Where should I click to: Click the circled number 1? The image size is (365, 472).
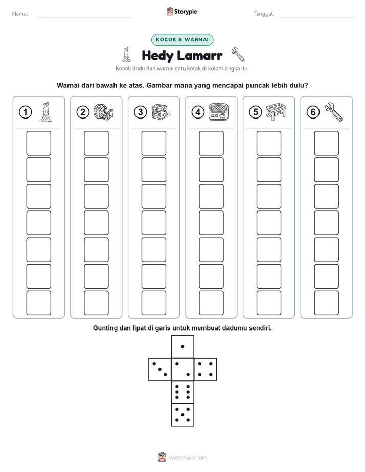coord(25,112)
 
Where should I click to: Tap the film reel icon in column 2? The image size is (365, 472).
coord(103,112)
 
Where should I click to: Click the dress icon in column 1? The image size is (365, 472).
coord(46,112)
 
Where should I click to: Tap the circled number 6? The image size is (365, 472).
coord(313,112)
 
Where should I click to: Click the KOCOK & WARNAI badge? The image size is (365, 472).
coord(182,40)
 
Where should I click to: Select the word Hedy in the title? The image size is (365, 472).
coord(157,56)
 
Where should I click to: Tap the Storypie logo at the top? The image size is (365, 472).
coord(181,11)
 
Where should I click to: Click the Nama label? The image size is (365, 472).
coord(20,14)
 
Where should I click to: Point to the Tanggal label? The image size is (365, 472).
coord(264,14)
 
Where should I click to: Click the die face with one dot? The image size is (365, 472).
coord(182,346)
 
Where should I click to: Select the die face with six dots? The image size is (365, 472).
coord(182,392)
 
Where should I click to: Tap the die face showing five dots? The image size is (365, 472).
coord(182,415)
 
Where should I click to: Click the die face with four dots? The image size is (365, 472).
coord(206,369)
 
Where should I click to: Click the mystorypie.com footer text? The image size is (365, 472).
coord(187,458)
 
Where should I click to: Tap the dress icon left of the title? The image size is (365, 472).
coord(126,55)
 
